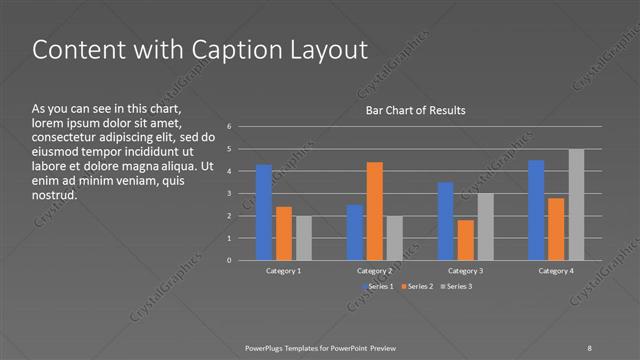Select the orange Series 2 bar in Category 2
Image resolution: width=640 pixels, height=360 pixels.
click(374, 210)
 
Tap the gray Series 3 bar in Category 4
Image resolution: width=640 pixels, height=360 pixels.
click(576, 205)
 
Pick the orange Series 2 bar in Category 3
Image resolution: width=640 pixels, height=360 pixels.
click(465, 240)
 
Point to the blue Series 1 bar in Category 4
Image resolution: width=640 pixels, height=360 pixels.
click(536, 210)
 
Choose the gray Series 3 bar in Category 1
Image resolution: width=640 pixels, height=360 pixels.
click(303, 238)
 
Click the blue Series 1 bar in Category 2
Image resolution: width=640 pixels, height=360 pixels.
click(355, 232)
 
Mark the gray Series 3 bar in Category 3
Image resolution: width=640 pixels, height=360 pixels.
click(485, 227)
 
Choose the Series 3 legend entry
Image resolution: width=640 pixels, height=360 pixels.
click(458, 287)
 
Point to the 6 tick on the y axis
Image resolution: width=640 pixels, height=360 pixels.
click(229, 127)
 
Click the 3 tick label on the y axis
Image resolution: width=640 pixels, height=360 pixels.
click(229, 194)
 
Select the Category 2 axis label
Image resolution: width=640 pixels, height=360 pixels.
click(374, 271)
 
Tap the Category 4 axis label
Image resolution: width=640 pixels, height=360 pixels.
click(556, 271)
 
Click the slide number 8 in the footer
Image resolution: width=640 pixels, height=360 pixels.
click(589, 347)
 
